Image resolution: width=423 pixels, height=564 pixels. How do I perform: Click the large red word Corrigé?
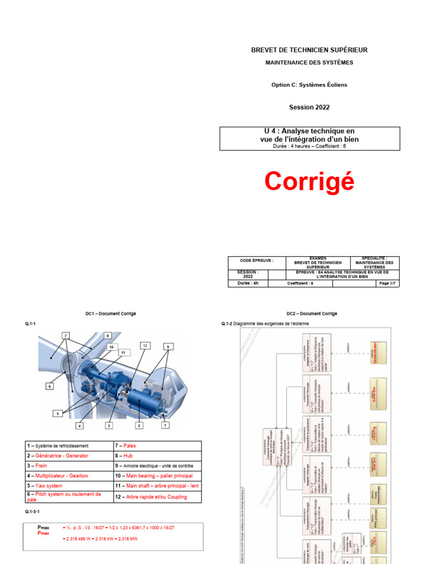click(x=309, y=181)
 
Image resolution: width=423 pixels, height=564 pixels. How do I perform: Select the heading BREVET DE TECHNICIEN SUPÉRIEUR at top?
click(x=309, y=50)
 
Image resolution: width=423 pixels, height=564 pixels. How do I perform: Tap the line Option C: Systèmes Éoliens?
click(x=309, y=85)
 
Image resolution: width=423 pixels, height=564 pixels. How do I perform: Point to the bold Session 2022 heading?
click(x=309, y=107)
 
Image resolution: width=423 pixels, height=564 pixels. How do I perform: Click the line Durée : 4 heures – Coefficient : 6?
click(x=309, y=147)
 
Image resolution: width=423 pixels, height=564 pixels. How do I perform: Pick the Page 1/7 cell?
click(x=384, y=284)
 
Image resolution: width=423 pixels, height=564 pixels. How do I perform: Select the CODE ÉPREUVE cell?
click(x=256, y=261)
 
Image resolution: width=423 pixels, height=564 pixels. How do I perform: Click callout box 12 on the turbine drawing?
click(x=145, y=345)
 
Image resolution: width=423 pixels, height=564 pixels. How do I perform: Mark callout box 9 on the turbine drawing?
click(x=167, y=346)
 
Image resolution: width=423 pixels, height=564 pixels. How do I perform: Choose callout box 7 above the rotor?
click(x=66, y=335)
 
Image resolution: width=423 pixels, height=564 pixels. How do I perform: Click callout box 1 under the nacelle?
click(x=164, y=425)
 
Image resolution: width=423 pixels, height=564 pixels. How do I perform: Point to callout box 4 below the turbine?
click(x=79, y=426)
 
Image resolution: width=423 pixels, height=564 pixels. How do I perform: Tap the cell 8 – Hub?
click(x=162, y=455)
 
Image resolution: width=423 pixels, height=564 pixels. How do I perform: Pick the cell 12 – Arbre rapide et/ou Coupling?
click(x=162, y=497)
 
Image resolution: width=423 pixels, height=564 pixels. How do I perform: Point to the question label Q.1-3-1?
click(x=33, y=512)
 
